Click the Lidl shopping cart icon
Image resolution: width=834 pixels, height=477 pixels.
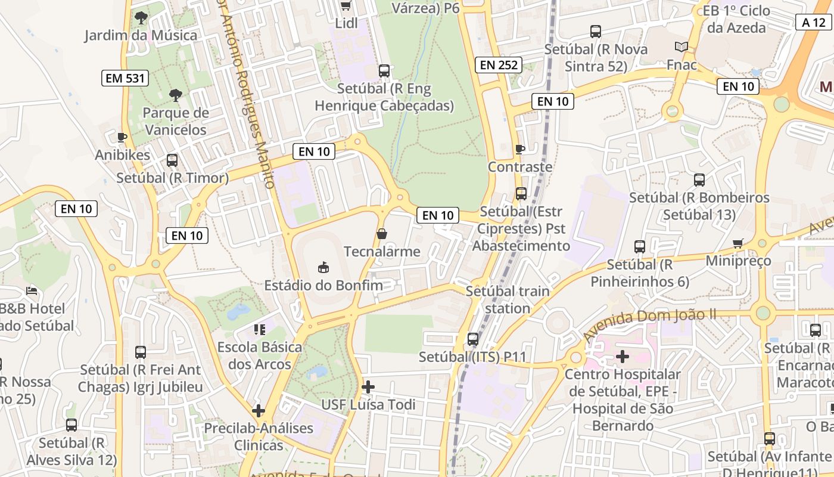point(346,6)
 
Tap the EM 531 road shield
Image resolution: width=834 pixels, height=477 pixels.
point(125,78)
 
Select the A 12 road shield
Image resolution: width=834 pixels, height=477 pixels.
point(813,23)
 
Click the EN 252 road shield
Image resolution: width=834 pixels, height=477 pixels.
point(499,65)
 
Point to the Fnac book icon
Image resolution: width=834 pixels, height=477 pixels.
point(681,47)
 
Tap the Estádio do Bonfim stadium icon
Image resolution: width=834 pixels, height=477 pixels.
point(323,267)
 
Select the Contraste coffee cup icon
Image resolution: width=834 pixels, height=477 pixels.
point(520,149)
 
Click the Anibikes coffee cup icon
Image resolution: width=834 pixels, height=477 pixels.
point(122,138)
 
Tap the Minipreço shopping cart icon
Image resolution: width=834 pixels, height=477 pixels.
point(738,243)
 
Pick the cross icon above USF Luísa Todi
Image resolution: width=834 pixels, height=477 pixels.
point(368,387)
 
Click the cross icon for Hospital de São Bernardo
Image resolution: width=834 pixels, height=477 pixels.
point(623,357)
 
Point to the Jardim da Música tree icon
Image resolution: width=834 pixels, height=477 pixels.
point(141,17)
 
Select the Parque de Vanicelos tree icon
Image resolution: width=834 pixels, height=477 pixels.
point(175,95)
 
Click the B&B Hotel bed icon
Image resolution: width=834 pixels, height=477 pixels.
point(32,291)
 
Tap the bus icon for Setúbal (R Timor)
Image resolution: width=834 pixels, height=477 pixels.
point(172,160)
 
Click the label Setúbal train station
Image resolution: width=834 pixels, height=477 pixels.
point(507,300)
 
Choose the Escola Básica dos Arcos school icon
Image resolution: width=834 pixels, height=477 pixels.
point(259,329)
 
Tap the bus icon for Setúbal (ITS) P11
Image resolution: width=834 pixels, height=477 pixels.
point(473,339)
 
